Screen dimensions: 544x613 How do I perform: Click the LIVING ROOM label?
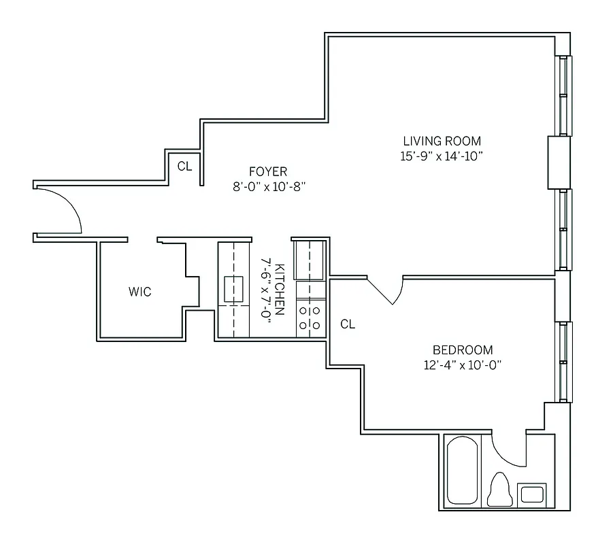pyautogui.click(x=442, y=141)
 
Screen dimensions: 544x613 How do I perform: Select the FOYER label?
pyautogui.click(x=267, y=171)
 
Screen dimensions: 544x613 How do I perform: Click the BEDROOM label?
pyautogui.click(x=463, y=350)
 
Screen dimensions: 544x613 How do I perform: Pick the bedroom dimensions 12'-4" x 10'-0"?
pyautogui.click(x=463, y=364)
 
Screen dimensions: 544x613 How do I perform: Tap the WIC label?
pyautogui.click(x=139, y=292)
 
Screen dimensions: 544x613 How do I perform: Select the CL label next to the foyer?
pyautogui.click(x=184, y=166)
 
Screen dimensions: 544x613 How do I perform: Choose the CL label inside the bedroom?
pyautogui.click(x=348, y=324)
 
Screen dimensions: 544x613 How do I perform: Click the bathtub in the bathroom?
pyautogui.click(x=463, y=471)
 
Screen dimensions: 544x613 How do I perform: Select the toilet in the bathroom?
pyautogui.click(x=500, y=488)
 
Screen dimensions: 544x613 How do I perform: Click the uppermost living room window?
pyautogui.click(x=564, y=95)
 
